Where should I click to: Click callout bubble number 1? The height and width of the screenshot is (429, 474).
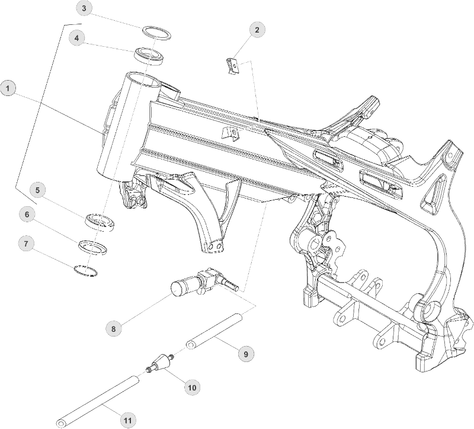coord(8,89)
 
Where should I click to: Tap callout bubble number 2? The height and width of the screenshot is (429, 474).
coord(257,28)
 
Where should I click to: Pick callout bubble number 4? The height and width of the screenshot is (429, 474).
coord(76,38)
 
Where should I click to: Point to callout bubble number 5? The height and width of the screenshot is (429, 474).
coord(37,190)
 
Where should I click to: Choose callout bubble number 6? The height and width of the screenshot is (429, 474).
coord(27,214)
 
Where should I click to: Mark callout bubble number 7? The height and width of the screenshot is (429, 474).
coord(26,243)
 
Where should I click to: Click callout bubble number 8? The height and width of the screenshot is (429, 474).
coord(114,327)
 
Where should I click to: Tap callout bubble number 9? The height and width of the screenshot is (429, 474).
coord(245,354)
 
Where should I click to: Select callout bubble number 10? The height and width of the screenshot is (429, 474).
coord(191,388)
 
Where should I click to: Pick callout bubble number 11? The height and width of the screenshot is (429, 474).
coord(127,420)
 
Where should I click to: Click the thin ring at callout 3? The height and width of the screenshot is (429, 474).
coord(156,31)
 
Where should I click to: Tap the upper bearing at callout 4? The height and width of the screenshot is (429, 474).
coord(149,55)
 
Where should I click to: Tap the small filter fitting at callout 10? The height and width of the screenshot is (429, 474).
coord(160,363)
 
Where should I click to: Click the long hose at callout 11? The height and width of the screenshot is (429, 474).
coord(101,401)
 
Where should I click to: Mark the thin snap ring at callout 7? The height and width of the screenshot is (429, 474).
coord(85,270)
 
